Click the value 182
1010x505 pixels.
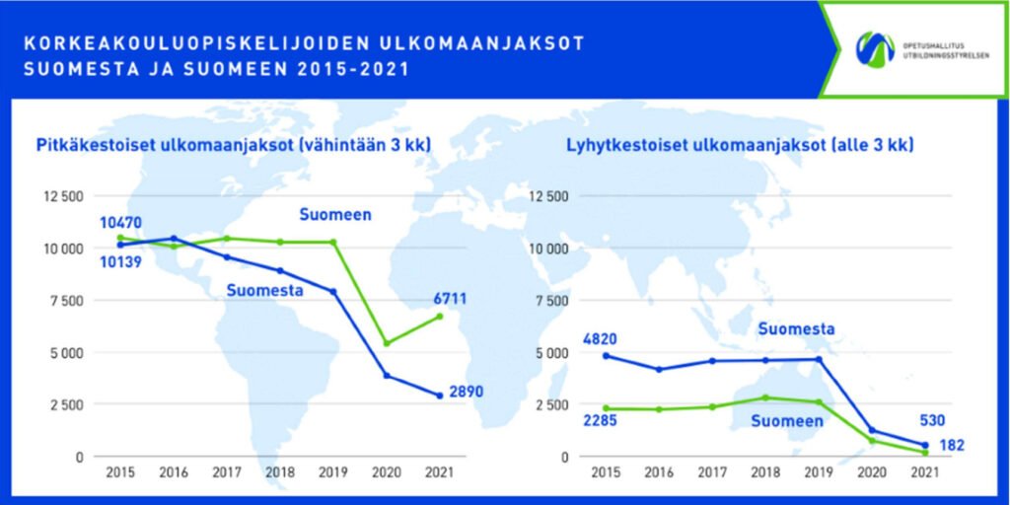951,445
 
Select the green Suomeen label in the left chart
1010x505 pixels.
335,215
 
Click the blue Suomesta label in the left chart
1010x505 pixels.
263,291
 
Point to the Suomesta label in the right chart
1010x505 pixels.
798,329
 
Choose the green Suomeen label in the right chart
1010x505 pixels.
787,421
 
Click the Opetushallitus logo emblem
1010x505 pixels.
875,49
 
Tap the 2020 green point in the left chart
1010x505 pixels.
387,343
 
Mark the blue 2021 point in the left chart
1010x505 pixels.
440,396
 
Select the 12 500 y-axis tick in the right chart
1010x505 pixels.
550,196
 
